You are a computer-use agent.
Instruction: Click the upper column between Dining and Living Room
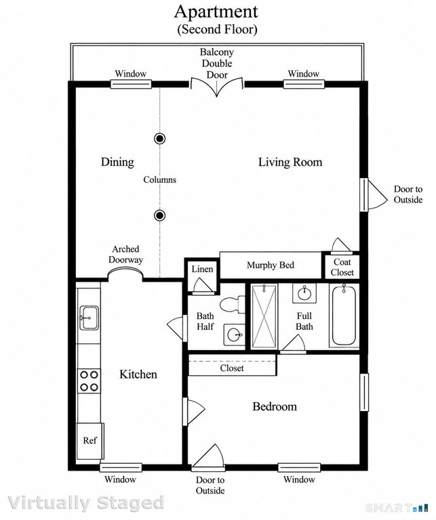click(x=160, y=138)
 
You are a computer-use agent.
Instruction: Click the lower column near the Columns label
click(x=160, y=215)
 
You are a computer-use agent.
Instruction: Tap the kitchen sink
click(x=89, y=318)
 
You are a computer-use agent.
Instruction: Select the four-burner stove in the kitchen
click(x=89, y=381)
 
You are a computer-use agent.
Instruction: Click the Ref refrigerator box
click(x=90, y=441)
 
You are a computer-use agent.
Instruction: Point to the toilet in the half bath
click(x=232, y=304)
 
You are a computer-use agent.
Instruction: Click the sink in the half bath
click(x=235, y=334)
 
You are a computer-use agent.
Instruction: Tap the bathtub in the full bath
click(x=344, y=316)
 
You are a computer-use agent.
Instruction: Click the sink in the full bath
click(x=304, y=292)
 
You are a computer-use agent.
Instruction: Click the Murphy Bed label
click(x=271, y=265)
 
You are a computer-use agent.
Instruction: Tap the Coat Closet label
click(x=342, y=267)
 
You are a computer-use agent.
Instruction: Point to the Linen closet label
click(x=202, y=269)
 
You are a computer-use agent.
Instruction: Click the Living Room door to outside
click(x=374, y=195)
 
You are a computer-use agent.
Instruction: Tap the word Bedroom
click(x=275, y=406)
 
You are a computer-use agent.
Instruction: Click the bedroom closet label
click(x=232, y=368)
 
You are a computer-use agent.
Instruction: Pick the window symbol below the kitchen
click(x=121, y=468)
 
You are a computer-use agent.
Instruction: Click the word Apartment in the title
click(x=216, y=12)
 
